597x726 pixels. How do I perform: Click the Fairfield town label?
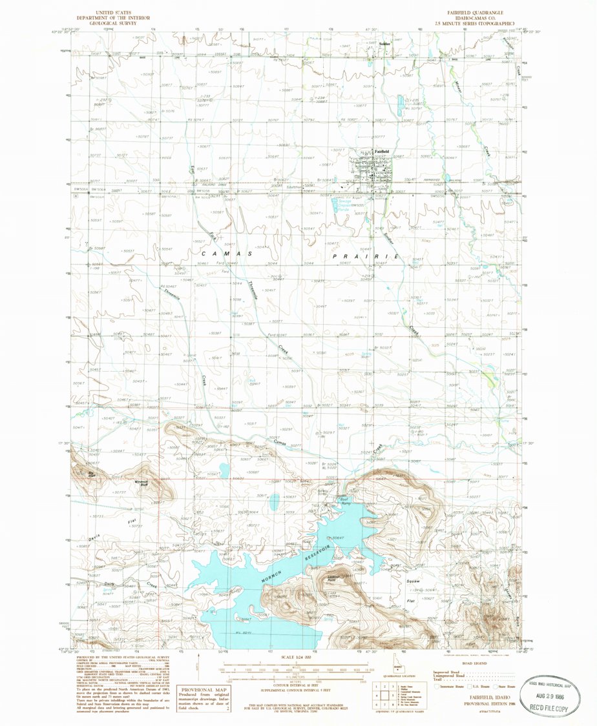(x=382, y=152)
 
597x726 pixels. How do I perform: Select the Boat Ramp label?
(x=345, y=498)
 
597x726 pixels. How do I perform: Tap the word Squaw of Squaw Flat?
(x=413, y=581)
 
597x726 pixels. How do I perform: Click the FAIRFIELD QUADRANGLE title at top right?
(x=470, y=12)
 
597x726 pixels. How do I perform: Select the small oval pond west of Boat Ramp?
(x=275, y=501)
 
